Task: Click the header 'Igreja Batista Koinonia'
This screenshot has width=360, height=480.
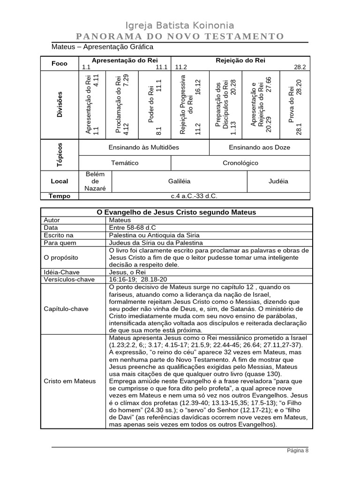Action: [180, 25]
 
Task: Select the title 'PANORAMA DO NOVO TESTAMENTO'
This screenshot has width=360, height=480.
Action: [180, 37]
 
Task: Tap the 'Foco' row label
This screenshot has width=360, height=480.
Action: [60, 63]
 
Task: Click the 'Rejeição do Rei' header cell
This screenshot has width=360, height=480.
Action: [240, 60]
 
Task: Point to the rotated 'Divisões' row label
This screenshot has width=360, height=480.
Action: [60, 105]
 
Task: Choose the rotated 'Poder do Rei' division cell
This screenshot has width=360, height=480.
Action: [154, 105]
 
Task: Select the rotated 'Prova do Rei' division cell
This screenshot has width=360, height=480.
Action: [295, 105]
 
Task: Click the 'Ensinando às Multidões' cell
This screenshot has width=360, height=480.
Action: [143, 147]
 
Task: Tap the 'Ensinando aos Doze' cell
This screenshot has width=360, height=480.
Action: [259, 147]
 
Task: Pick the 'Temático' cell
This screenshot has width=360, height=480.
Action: [124, 163]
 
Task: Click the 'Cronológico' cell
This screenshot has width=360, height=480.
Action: [240, 163]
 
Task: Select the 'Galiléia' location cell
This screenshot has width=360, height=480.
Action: [179, 181]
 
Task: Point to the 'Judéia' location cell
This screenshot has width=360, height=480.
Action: [278, 181]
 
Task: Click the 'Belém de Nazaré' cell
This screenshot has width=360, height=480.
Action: [95, 181]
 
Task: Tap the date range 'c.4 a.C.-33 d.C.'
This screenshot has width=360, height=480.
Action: [194, 196]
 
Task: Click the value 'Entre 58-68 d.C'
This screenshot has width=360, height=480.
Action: [132, 227]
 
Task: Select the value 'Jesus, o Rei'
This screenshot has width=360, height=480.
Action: [127, 272]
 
